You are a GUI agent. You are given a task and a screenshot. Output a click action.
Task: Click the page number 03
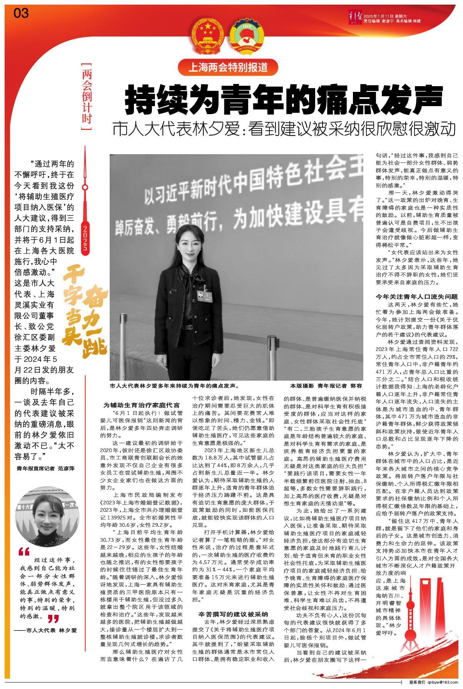pos(21,13)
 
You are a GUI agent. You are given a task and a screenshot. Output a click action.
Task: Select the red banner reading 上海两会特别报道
pos(228,67)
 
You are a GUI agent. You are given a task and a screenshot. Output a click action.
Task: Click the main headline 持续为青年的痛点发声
pos(284,100)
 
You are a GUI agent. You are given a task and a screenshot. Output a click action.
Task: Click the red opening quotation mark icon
pos(24,552)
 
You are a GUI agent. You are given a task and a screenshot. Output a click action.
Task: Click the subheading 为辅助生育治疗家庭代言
pos(141,405)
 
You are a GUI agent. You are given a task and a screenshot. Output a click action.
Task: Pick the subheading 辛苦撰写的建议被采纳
pos(233,614)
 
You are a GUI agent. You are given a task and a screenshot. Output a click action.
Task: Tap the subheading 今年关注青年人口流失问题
pos(417,296)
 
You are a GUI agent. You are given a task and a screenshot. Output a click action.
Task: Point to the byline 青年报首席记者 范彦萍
pos(45,468)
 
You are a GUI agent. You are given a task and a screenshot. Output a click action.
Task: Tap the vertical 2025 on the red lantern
pos(85,239)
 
